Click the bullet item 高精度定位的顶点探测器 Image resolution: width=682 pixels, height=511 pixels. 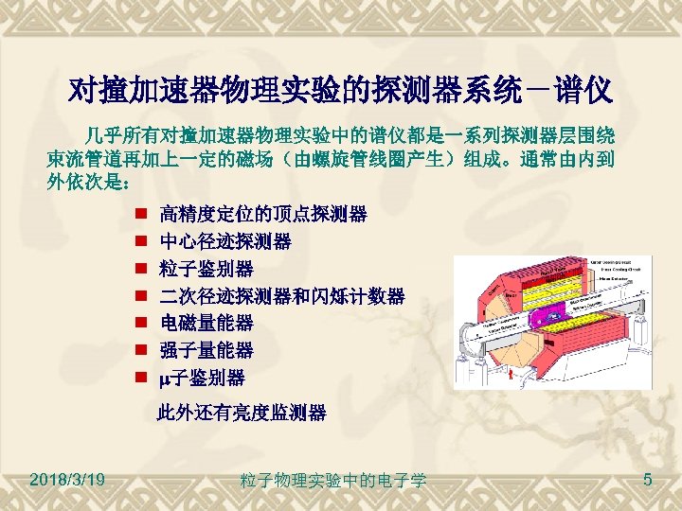pyautogui.click(x=263, y=214)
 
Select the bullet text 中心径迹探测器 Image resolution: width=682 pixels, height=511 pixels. pyautogui.click(x=225, y=241)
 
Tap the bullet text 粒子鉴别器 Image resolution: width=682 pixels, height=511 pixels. pyautogui.click(x=206, y=269)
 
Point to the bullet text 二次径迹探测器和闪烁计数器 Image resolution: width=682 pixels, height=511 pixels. pyautogui.click(x=282, y=296)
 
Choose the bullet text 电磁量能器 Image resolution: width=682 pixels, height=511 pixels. pyautogui.click(x=206, y=324)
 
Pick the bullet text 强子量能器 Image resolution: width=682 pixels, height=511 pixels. pyautogui.click(x=206, y=351)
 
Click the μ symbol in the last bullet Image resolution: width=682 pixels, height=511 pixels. pyautogui.click(x=166, y=379)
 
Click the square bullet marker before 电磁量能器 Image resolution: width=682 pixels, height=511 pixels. pyautogui.click(x=138, y=324)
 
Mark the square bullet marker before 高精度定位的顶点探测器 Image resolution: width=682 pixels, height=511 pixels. pyautogui.click(x=138, y=214)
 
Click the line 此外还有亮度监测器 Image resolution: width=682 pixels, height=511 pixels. pyautogui.click(x=242, y=413)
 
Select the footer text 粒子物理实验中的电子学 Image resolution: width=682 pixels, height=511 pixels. pyautogui.click(x=333, y=482)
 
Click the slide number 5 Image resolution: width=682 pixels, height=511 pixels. pyautogui.click(x=647, y=481)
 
